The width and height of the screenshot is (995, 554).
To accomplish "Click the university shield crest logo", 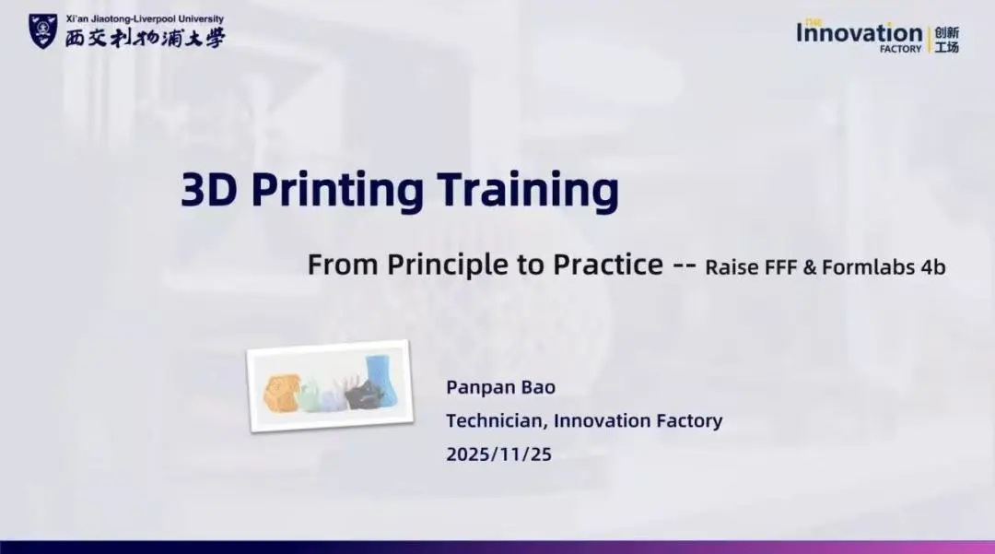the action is click(43, 31).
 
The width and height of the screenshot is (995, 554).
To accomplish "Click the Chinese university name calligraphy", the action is click(146, 38).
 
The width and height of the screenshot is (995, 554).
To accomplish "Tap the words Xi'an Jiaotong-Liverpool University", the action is click(145, 19).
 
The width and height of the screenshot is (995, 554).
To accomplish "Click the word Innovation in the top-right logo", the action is click(860, 33).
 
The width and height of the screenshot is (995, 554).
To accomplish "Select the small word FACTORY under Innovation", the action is click(900, 49).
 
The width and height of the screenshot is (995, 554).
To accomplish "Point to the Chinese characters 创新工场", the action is click(947, 40).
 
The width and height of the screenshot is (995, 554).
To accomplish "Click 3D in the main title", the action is click(209, 190).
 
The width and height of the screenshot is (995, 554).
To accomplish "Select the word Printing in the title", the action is click(337, 192).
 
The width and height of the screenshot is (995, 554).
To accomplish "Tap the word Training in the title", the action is click(528, 192).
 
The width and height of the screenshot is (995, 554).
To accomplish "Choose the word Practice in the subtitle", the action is click(608, 264).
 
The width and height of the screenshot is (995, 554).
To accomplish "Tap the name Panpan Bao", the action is click(500, 387).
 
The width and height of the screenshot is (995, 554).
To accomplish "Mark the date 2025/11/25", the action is click(498, 454).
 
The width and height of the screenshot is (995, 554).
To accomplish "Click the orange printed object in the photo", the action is click(280, 394).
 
